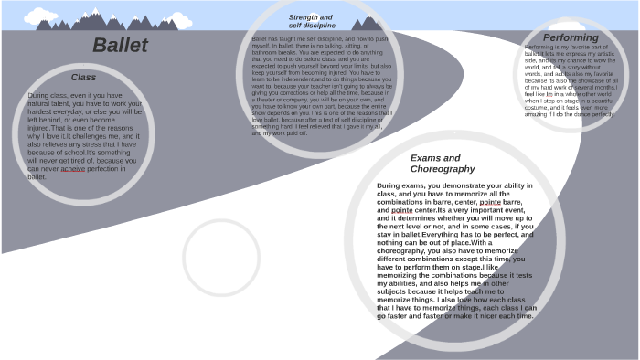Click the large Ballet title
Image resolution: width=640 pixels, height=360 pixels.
pos(120,46)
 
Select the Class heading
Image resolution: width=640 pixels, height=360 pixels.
pos(83,78)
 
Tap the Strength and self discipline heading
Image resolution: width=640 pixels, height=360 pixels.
pos(311,21)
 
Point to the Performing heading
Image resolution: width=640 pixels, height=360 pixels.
pos(571,37)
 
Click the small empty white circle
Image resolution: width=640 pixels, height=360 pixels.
pos(221,259)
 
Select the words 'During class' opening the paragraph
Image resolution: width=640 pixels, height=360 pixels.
pos(48,95)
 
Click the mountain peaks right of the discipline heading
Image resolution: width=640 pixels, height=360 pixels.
pos(366,22)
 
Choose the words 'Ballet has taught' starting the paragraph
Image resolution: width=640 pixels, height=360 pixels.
pos(276,39)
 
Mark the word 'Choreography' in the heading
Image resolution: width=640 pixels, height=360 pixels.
pos(443,170)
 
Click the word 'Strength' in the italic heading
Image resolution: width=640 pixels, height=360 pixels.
pos(299,16)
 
